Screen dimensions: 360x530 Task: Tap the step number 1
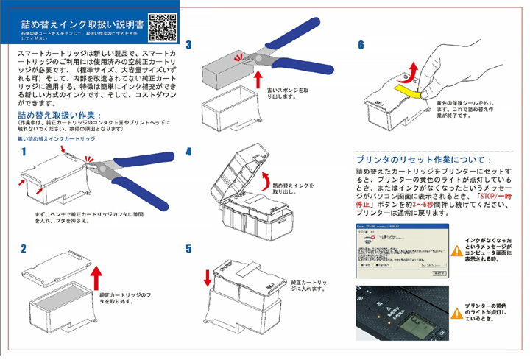pos(24,152)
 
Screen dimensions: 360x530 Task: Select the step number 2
pos(24,250)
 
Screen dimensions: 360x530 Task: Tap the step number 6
pos(360,45)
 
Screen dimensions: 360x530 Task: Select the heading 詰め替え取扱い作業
pos(60,116)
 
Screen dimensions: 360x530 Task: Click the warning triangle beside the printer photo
pos(457,308)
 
